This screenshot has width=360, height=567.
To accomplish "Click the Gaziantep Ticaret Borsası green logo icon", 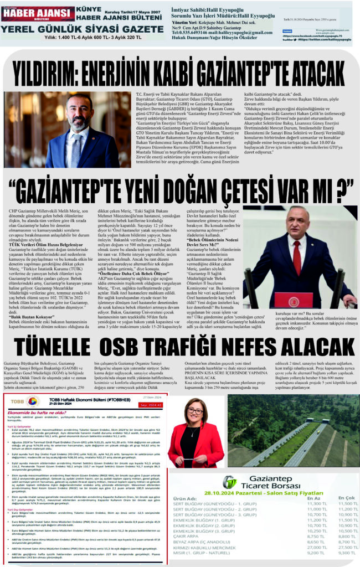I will tap(229, 482).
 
